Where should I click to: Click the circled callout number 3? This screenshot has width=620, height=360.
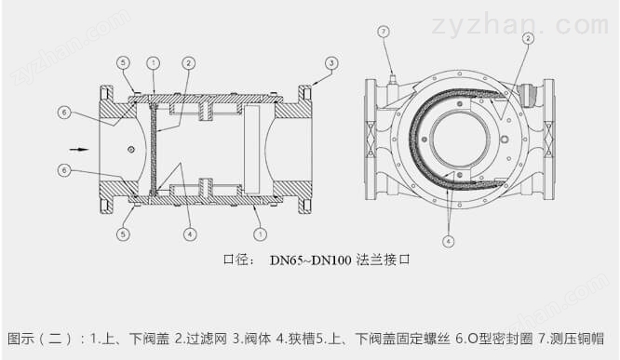coord(331,63)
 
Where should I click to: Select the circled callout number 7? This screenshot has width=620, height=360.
coord(384,32)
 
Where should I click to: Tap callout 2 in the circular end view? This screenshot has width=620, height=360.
coord(528,38)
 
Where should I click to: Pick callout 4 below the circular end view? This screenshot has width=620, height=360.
coord(448,241)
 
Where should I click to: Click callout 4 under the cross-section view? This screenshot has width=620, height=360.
coord(190,234)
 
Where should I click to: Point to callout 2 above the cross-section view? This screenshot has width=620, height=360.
coord(188,63)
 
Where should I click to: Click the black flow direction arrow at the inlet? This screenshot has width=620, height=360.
coord(79,150)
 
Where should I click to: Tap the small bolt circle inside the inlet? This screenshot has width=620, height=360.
coord(131,150)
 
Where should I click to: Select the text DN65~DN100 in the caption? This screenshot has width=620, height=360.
coord(310,260)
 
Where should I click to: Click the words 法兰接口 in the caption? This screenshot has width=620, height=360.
coord(383,260)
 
